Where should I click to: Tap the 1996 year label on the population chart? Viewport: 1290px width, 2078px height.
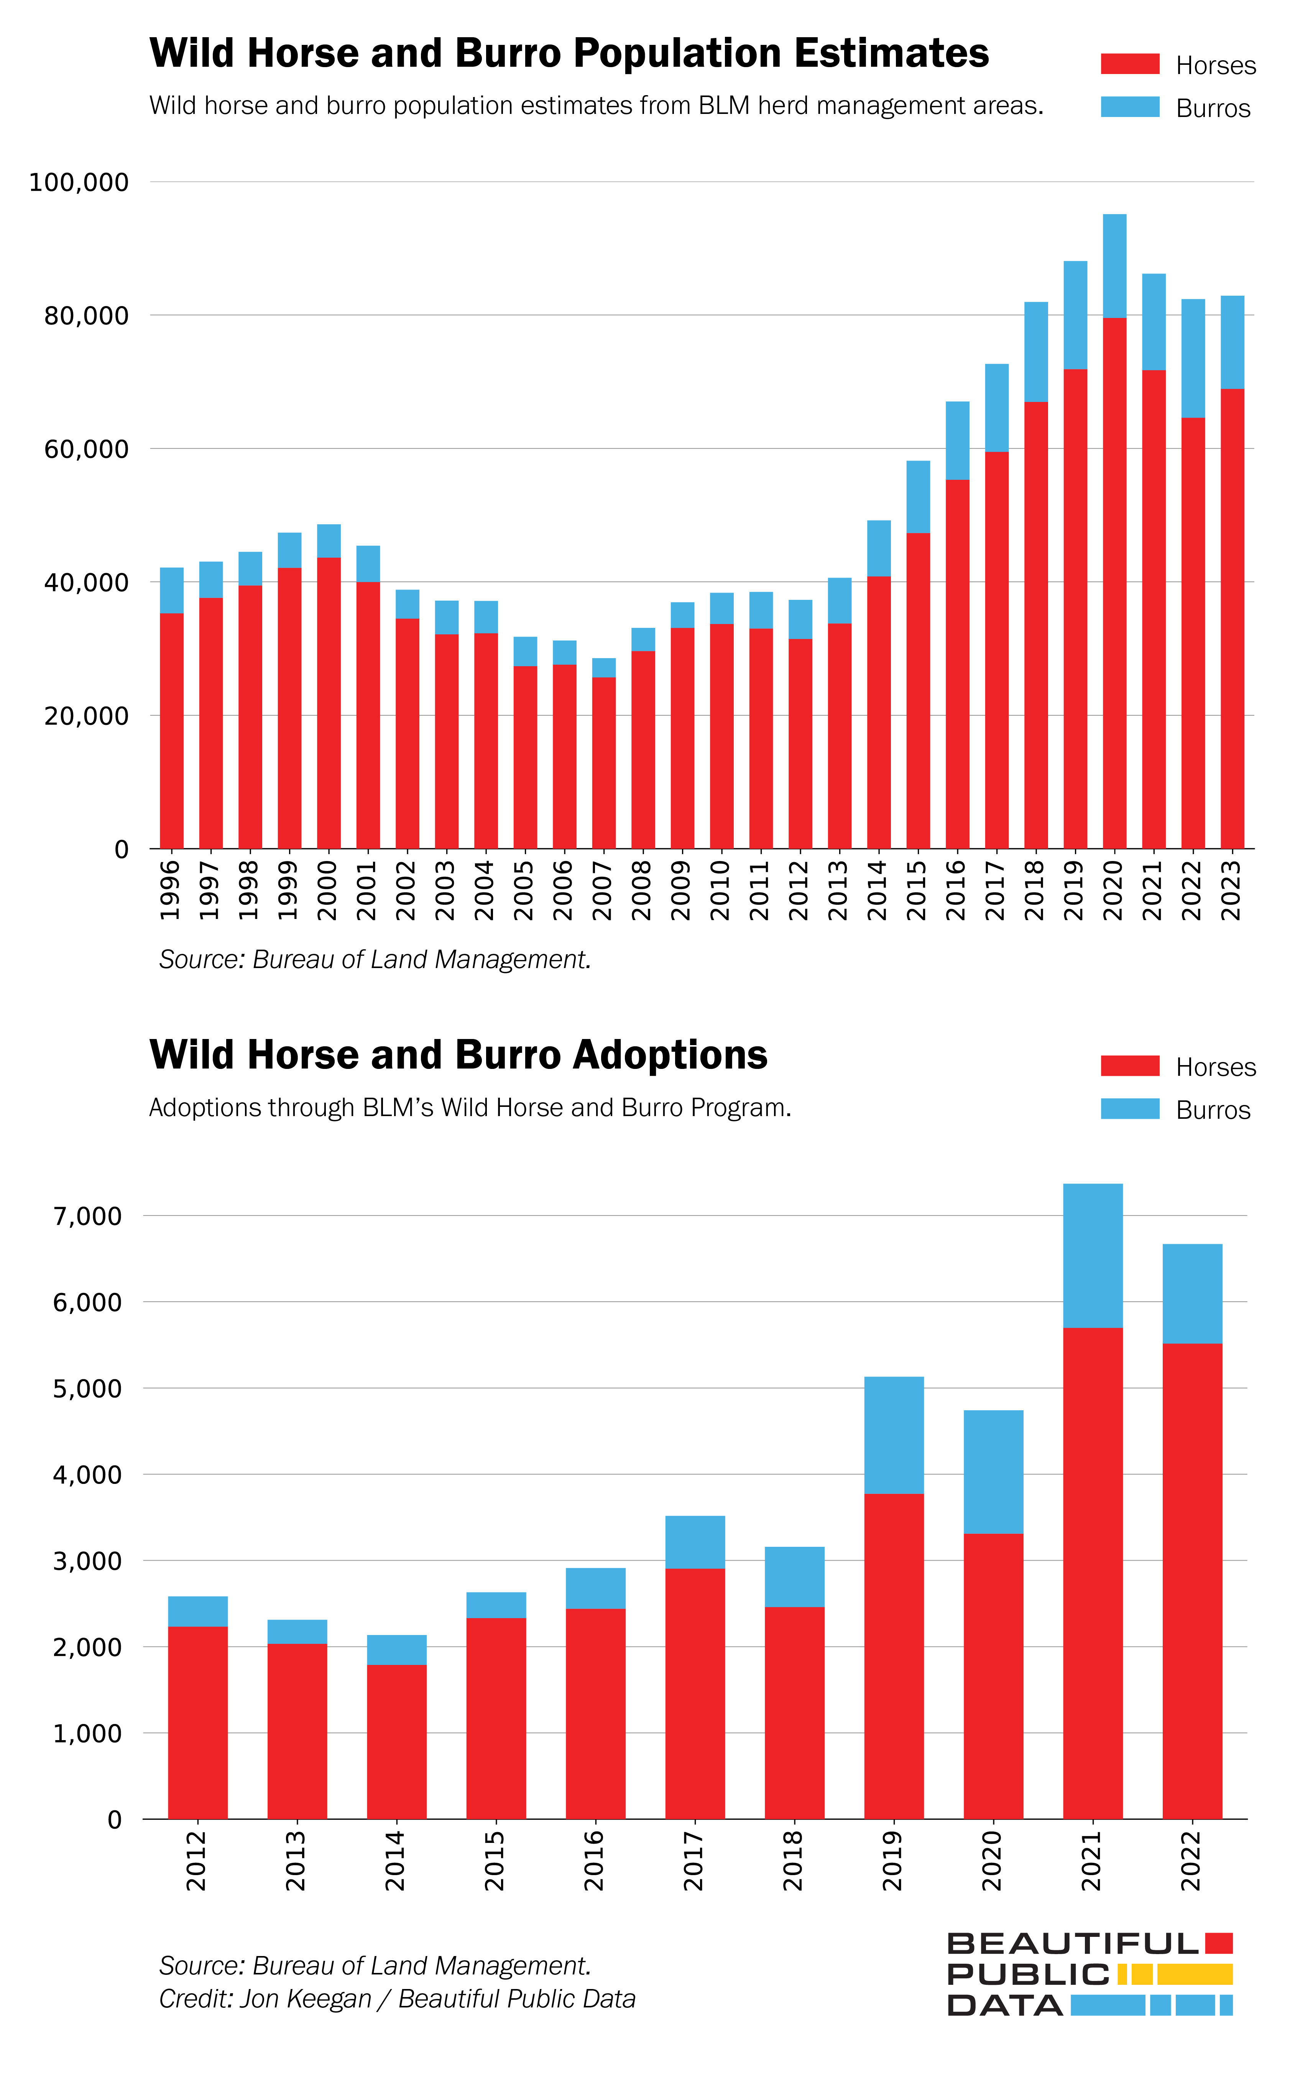click(x=171, y=890)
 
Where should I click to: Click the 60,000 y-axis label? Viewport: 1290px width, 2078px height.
click(x=86, y=449)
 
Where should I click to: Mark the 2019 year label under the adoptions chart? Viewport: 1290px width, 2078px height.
click(x=892, y=1861)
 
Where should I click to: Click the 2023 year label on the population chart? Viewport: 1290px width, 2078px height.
click(x=1231, y=890)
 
